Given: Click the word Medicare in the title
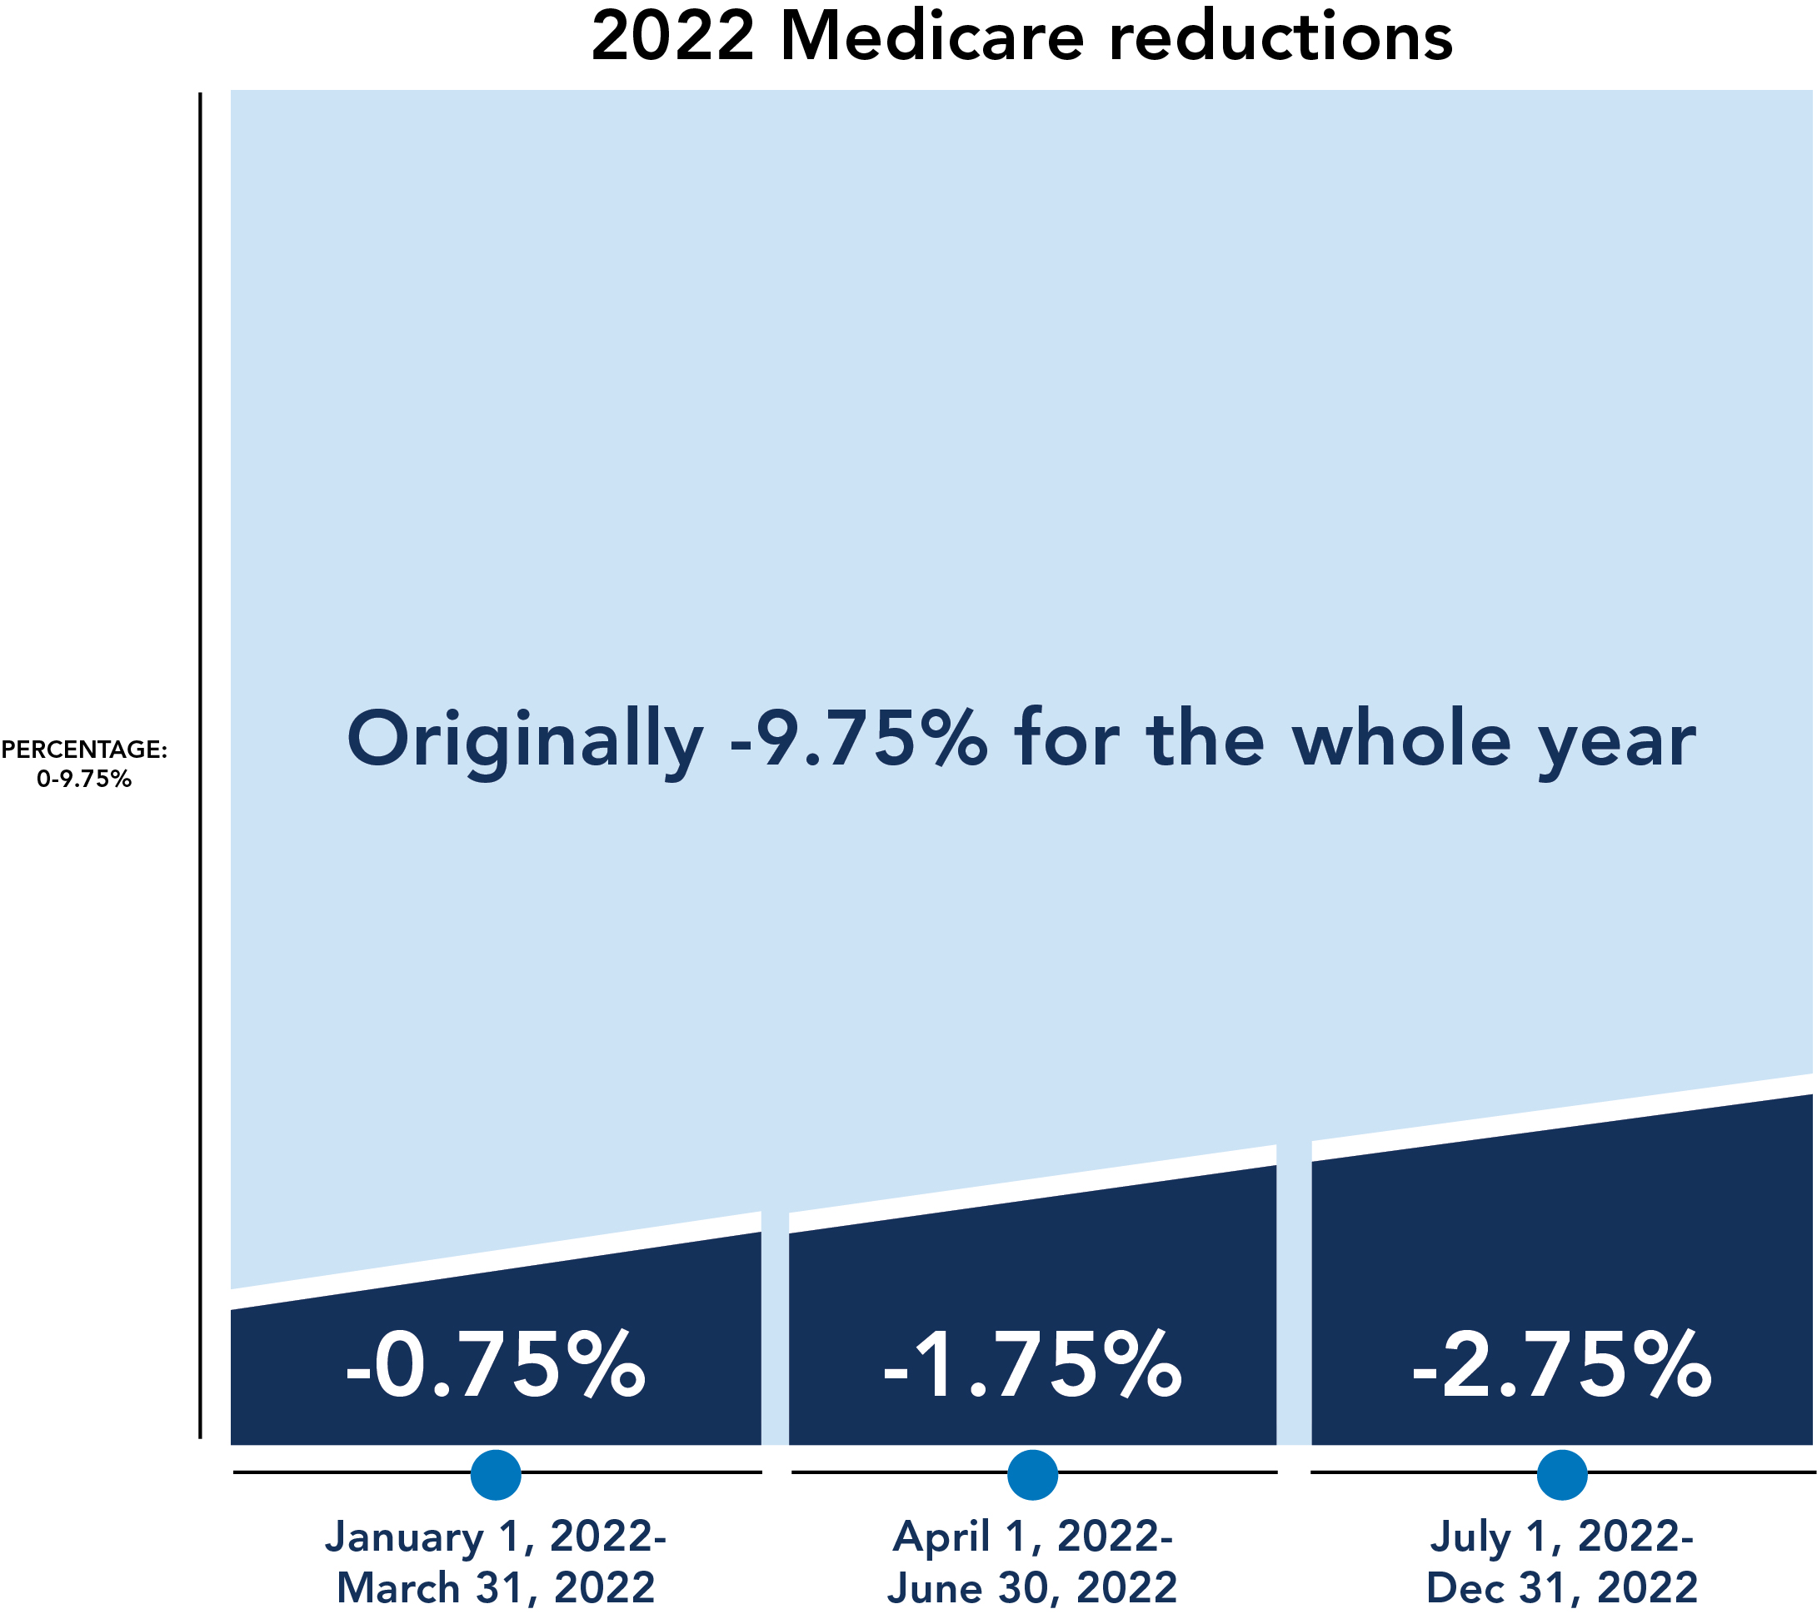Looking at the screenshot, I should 932,37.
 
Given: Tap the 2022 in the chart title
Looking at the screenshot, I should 673,37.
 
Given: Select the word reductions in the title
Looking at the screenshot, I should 1281,37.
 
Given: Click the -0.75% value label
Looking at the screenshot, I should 495,1366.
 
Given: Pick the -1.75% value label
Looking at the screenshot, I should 1032,1366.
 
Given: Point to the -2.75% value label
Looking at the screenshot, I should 1562,1366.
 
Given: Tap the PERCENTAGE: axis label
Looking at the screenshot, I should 83,750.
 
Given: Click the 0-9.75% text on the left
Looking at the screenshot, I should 83,780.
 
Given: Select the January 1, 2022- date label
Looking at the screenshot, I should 495,1537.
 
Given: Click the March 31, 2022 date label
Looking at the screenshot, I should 495,1588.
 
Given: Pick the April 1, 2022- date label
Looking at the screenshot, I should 1032,1537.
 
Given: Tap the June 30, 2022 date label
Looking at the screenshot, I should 1032,1588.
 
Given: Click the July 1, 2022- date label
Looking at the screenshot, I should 1562,1537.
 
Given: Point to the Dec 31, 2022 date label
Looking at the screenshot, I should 1562,1588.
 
